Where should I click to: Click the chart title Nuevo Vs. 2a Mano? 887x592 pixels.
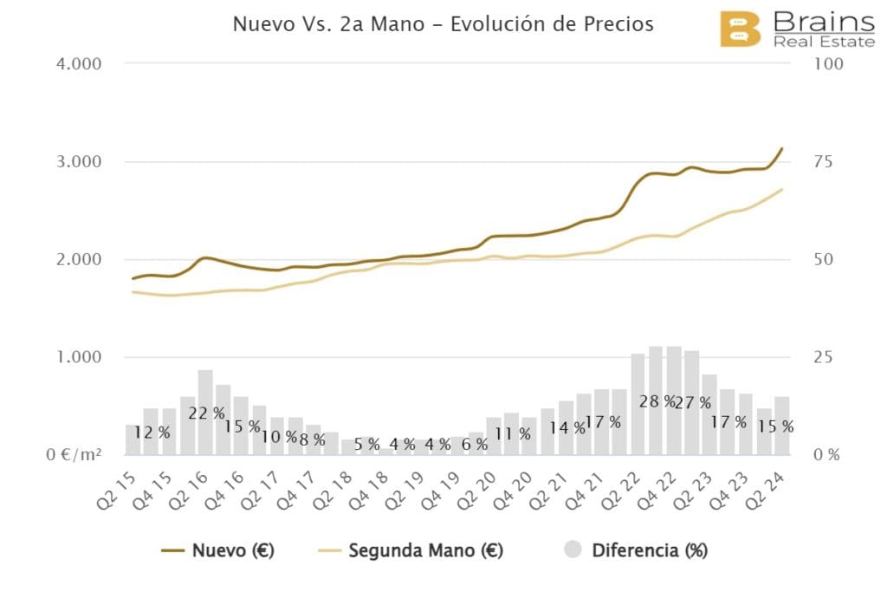pyautogui.click(x=443, y=24)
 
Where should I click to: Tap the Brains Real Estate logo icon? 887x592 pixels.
pyautogui.click(x=740, y=30)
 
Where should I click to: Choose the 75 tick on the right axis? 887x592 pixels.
pyautogui.click(x=824, y=162)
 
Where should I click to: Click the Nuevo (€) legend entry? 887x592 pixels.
pyautogui.click(x=217, y=550)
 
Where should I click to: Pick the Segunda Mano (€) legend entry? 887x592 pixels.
pyautogui.click(x=412, y=550)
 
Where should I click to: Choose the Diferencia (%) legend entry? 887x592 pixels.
pyautogui.click(x=635, y=550)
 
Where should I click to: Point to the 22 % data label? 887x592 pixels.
pyautogui.click(x=206, y=413)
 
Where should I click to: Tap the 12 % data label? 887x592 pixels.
pyautogui.click(x=152, y=433)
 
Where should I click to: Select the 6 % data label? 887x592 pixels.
pyautogui.click(x=474, y=444)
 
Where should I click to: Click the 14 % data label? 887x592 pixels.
pyautogui.click(x=567, y=427)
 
